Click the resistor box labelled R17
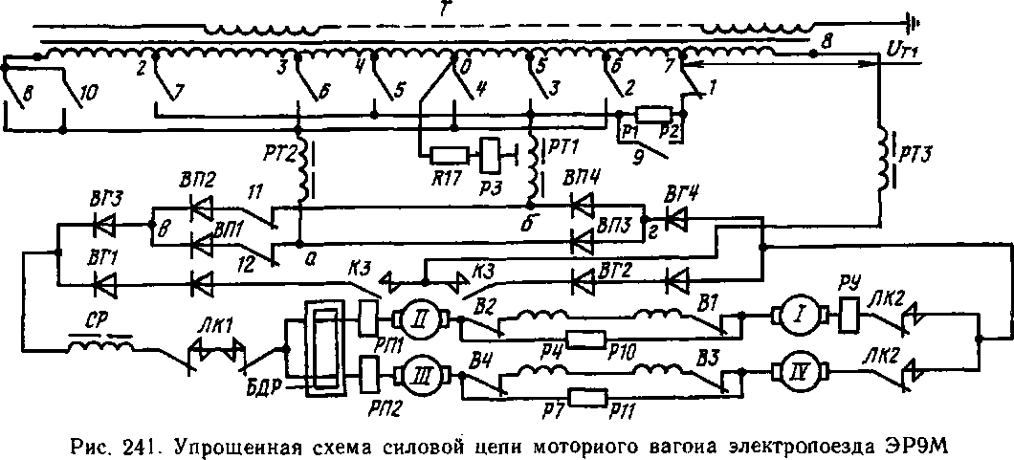[x=448, y=155]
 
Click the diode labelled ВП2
[x=201, y=206]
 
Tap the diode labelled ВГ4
[x=678, y=221]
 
